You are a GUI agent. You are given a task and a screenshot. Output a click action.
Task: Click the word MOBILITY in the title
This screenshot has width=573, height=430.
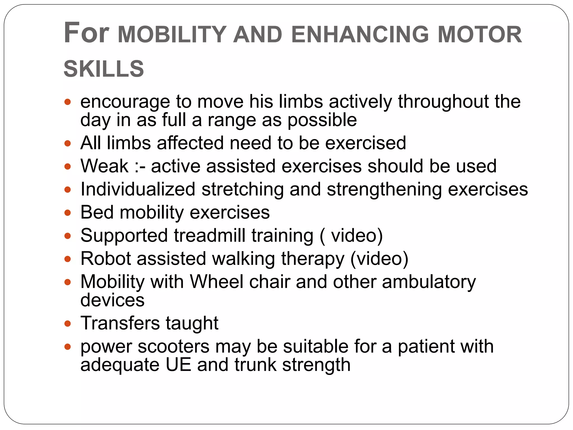point(172,34)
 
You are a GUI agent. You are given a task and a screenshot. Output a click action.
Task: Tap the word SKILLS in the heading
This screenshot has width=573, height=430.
point(104,69)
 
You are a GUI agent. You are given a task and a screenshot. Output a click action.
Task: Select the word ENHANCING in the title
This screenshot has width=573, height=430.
point(360,34)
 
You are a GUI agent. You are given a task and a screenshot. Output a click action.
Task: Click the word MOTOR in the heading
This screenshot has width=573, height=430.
point(480,34)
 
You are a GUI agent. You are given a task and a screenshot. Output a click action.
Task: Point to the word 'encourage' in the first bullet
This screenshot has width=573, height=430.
point(125,102)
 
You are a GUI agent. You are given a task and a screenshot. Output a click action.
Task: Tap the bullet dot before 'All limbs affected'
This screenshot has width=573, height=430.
point(67,144)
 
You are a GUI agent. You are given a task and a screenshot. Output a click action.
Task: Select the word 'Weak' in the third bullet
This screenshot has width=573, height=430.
point(104,166)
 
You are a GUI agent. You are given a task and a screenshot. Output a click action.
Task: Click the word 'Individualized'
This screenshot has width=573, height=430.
point(138,189)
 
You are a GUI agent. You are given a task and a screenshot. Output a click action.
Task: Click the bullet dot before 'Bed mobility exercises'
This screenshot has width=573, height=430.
point(67,213)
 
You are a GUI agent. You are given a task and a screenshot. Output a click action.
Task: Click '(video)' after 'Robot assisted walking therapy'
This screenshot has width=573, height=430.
point(379,259)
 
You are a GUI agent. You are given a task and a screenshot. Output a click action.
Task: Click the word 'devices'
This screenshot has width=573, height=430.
point(112,300)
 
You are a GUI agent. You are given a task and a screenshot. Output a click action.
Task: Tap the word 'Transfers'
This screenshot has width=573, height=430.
point(120,323)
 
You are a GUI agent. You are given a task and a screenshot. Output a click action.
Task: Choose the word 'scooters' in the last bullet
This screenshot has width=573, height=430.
point(173,347)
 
